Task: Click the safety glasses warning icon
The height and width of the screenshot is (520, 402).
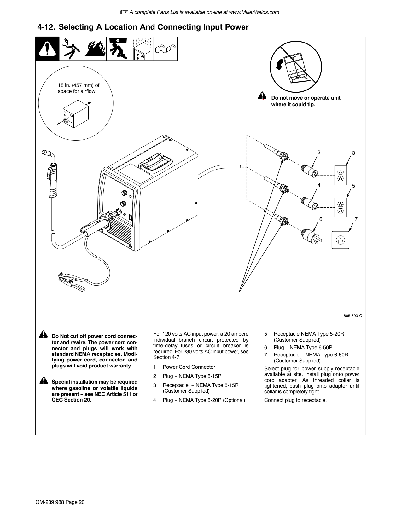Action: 165,49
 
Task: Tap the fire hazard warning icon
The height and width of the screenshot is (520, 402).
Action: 95,49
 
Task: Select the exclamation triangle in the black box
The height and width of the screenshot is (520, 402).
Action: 47,49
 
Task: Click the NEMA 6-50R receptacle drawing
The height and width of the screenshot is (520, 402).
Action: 341,240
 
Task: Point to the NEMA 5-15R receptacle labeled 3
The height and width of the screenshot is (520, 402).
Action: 341,175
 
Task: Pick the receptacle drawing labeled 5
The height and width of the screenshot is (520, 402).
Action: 341,207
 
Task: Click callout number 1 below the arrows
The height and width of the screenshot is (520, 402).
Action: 236,297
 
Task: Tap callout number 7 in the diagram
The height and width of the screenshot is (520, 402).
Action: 356,219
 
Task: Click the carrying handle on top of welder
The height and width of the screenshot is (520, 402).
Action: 155,162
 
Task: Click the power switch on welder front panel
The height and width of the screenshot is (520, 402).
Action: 131,217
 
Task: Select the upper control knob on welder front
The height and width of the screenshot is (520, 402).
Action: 125,193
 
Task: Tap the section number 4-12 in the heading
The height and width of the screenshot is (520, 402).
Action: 46,27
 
